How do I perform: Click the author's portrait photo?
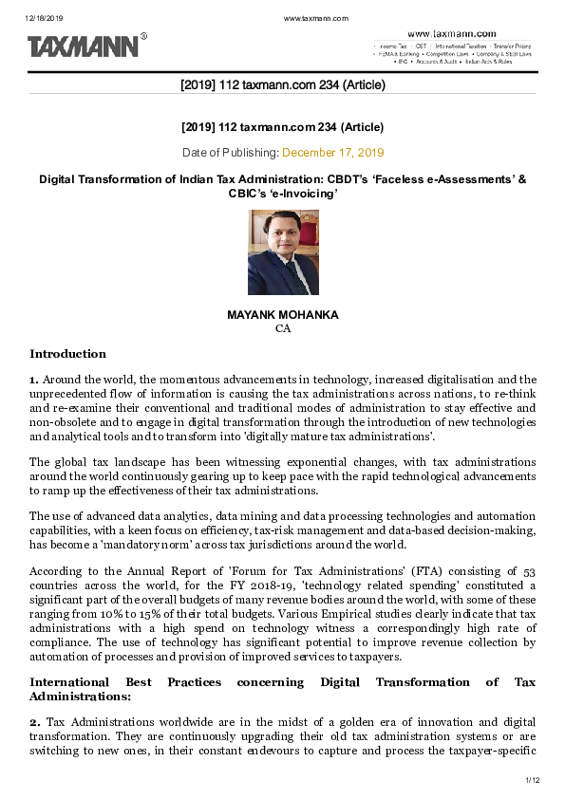click(x=282, y=252)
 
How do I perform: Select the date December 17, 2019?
click(x=332, y=152)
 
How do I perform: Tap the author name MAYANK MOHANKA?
click(x=282, y=313)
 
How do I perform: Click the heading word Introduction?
click(x=67, y=354)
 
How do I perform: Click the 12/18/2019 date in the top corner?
click(x=43, y=19)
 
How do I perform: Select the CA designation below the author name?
click(x=282, y=327)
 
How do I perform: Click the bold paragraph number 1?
click(x=33, y=379)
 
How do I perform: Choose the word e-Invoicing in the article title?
click(x=305, y=193)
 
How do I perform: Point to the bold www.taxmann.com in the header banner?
click(x=451, y=33)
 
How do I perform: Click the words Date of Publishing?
click(x=230, y=152)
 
